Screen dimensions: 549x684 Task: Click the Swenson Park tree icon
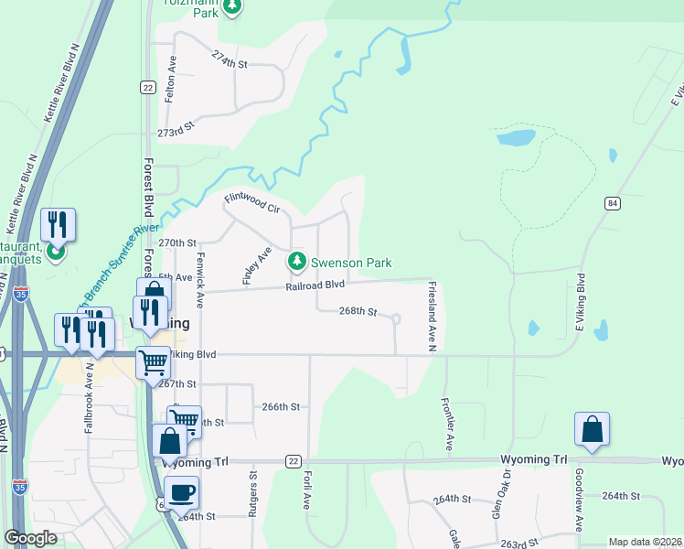click(296, 263)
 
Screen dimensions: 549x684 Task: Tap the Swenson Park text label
click(351, 263)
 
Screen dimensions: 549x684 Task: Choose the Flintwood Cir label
click(252, 202)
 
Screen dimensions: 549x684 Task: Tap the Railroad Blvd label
click(314, 285)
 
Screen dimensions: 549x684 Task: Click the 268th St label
click(358, 311)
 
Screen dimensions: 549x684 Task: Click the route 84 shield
click(612, 202)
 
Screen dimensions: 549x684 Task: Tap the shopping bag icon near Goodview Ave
click(592, 430)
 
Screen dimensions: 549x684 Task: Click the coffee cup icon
click(181, 492)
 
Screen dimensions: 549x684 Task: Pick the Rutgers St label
click(253, 495)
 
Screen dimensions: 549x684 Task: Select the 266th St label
click(281, 406)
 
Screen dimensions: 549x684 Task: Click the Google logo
click(31, 538)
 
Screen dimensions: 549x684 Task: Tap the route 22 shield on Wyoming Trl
click(293, 461)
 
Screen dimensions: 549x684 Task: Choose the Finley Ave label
click(257, 265)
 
